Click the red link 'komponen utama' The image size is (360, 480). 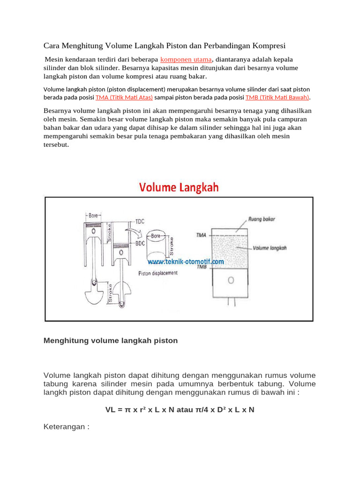(x=187, y=60)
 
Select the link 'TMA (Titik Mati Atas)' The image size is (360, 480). (x=124, y=97)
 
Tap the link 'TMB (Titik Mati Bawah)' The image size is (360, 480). (x=277, y=97)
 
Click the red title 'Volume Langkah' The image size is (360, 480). (x=178, y=187)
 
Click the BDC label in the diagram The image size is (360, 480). (x=140, y=243)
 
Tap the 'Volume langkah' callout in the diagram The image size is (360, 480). (x=270, y=248)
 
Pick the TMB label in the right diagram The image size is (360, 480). (x=200, y=267)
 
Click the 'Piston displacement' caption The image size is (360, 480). (x=158, y=273)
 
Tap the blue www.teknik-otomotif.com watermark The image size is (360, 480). (x=187, y=262)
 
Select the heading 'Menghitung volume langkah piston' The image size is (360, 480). (x=111, y=341)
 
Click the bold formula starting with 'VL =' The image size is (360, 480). (x=180, y=409)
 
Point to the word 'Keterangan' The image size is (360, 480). (x=64, y=427)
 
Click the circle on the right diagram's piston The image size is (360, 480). (x=231, y=280)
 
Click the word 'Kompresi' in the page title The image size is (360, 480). (x=270, y=45)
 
